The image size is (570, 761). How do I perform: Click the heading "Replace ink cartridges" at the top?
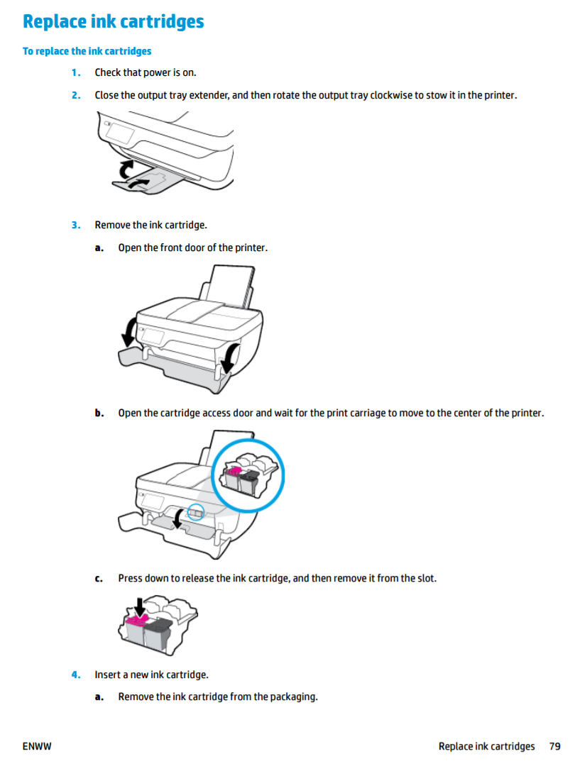[x=113, y=22]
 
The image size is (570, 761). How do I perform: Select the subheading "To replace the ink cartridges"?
[x=87, y=51]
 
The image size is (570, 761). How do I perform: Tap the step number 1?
[x=75, y=72]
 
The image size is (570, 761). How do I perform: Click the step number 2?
[x=75, y=95]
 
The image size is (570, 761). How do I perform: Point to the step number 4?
[x=75, y=674]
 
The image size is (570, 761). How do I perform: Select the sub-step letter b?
[x=99, y=413]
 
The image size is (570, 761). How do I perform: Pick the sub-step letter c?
[x=99, y=579]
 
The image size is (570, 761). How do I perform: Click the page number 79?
[x=554, y=746]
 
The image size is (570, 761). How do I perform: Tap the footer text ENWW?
[x=38, y=746]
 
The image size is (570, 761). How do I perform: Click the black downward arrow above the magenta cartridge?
[x=140, y=606]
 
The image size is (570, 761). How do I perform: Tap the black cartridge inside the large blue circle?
[x=248, y=482]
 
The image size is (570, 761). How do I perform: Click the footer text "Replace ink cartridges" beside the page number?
[x=486, y=746]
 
